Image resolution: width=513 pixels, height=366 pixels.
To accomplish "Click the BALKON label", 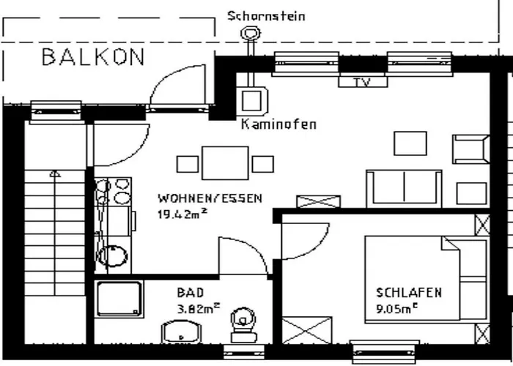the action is pyautogui.click(x=93, y=57).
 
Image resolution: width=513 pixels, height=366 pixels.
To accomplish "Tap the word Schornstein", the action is pyautogui.click(x=266, y=16).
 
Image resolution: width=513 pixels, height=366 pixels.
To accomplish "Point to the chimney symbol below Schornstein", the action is pyautogui.click(x=251, y=33).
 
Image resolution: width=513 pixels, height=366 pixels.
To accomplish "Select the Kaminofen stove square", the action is pyautogui.click(x=251, y=101).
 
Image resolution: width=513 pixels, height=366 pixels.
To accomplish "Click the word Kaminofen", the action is pyautogui.click(x=278, y=124).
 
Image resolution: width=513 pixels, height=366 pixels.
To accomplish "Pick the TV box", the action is pyautogui.click(x=363, y=82).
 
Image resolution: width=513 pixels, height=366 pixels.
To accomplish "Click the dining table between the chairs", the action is pyautogui.click(x=225, y=163).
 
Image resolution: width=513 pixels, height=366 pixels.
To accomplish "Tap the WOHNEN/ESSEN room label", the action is pyautogui.click(x=210, y=198).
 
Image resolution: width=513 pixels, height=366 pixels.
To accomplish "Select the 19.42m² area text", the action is pyautogui.click(x=182, y=214).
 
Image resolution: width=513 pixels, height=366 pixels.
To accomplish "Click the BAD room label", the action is pyautogui.click(x=191, y=293).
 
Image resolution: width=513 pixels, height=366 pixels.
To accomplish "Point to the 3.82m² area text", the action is pyautogui.click(x=199, y=308).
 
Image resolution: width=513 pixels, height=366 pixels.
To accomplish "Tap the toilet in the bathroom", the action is pyautogui.click(x=243, y=325).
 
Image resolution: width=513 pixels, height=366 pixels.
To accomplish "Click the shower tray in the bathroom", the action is pyautogui.click(x=119, y=299).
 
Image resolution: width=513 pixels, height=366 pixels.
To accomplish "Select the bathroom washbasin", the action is pyautogui.click(x=181, y=332).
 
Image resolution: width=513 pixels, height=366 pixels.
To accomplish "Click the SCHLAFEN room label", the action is pyautogui.click(x=409, y=293).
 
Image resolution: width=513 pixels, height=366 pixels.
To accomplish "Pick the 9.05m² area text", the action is pyautogui.click(x=397, y=308).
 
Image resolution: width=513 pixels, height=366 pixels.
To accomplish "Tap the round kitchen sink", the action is pyautogui.click(x=113, y=256).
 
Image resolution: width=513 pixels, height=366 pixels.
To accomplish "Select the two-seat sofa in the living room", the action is pyautogui.click(x=405, y=189).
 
